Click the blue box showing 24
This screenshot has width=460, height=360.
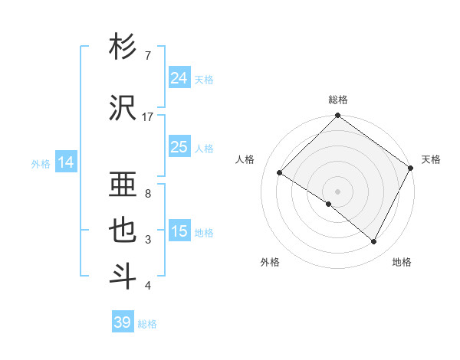click(179, 78)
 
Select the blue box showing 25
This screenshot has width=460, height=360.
click(179, 147)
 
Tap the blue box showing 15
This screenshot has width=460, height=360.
click(179, 231)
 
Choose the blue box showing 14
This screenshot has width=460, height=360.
click(66, 162)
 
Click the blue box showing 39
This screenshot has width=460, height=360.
click(122, 322)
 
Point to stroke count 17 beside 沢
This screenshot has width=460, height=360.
click(148, 116)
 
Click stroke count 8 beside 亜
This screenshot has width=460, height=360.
click(148, 193)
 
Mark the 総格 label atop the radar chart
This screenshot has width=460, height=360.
click(338, 100)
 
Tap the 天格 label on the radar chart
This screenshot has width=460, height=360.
click(431, 159)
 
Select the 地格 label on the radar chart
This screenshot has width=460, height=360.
click(402, 262)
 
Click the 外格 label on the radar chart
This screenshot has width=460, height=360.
click(270, 262)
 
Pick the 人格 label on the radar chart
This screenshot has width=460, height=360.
click(245, 159)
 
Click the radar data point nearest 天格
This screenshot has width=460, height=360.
click(411, 168)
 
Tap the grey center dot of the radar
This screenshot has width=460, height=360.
click(337, 191)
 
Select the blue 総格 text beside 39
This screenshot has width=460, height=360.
click(147, 324)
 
